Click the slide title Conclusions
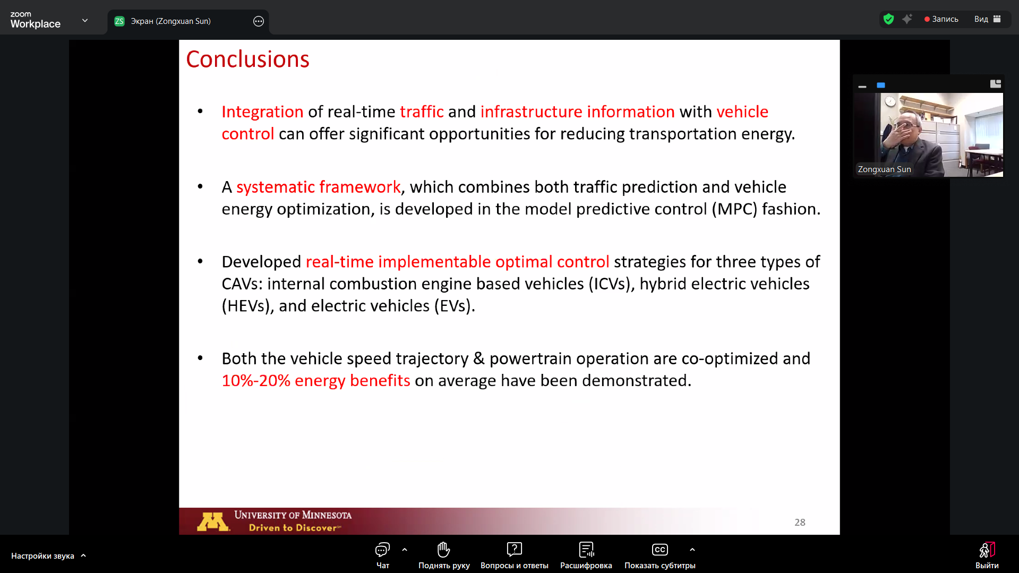tap(247, 59)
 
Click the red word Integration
tap(262, 112)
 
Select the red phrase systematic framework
tap(318, 187)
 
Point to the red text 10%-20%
tap(256, 381)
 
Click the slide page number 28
tap(800, 523)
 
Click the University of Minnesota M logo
tap(213, 521)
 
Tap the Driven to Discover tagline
tap(294, 528)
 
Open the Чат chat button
tap(383, 555)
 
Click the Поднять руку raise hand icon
tap(443, 549)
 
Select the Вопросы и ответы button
tap(514, 555)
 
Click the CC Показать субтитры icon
tap(660, 549)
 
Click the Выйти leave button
tap(987, 555)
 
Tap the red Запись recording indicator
tap(941, 19)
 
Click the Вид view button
tap(987, 19)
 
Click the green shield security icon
tap(888, 19)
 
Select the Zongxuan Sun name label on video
tap(884, 169)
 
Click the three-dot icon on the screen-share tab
tap(259, 21)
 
